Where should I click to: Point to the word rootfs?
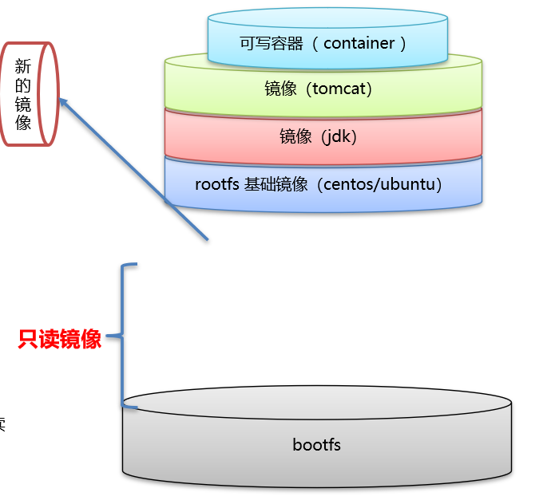pos(217,184)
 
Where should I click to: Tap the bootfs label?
pos(316,444)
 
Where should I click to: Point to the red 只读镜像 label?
pos(60,339)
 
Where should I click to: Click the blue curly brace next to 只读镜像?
pos(124,335)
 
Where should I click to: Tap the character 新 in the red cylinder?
pos(23,66)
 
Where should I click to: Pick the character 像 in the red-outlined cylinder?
pos(23,123)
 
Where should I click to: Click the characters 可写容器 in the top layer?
pos(272,44)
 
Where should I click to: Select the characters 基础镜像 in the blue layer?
pos(276,184)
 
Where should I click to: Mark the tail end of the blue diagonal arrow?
pos(207,238)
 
